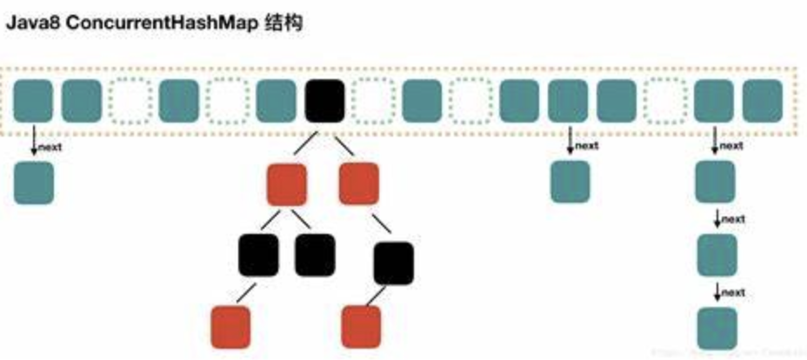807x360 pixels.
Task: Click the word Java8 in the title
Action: click(x=31, y=23)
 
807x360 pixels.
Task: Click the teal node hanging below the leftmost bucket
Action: click(x=34, y=183)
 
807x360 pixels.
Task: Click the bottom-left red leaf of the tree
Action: click(x=230, y=326)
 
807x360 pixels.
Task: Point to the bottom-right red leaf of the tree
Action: click(x=360, y=326)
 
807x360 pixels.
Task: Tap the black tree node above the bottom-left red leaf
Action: click(x=258, y=255)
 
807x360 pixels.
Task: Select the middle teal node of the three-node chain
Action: click(x=717, y=256)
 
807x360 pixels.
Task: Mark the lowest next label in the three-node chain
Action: click(x=732, y=291)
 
